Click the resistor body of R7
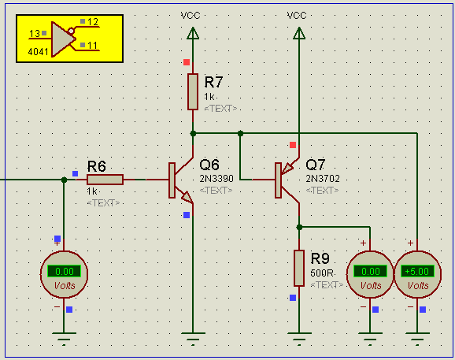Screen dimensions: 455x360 [193, 91]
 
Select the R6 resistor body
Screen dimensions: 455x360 [105, 180]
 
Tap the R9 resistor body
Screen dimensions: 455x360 [299, 268]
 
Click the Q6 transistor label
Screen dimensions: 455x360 [209, 165]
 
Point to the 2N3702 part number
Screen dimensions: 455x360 [323, 179]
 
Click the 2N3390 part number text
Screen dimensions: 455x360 [216, 179]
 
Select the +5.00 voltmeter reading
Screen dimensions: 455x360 [417, 272]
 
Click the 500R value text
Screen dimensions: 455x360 [321, 273]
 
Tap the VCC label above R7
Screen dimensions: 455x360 [191, 16]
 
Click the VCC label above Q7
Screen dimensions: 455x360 [297, 16]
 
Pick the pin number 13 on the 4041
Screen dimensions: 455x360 [34, 34]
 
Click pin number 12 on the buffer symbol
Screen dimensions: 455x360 [93, 22]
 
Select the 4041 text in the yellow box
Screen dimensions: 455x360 [38, 52]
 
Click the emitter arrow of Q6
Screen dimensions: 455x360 [187, 197]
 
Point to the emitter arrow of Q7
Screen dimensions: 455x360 [287, 168]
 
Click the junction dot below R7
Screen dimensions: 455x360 [193, 134]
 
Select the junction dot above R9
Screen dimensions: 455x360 [299, 228]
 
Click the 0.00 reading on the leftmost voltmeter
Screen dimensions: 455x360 [64, 272]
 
